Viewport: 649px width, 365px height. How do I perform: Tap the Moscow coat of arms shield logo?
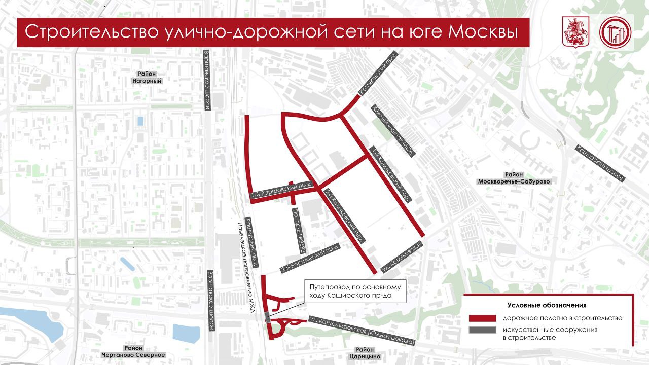(x=574, y=32)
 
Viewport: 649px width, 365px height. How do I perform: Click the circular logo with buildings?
(x=615, y=33)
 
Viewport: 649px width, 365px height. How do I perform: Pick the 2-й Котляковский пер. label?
(x=345, y=214)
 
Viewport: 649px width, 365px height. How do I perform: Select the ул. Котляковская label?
(x=403, y=256)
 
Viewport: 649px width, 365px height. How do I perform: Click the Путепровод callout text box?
(x=355, y=291)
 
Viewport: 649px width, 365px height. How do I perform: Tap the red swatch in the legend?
(x=482, y=318)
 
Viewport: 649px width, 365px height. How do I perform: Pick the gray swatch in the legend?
(x=482, y=330)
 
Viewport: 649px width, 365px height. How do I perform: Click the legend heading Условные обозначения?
(x=547, y=305)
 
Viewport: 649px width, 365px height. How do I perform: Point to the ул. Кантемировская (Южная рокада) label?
(x=362, y=331)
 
